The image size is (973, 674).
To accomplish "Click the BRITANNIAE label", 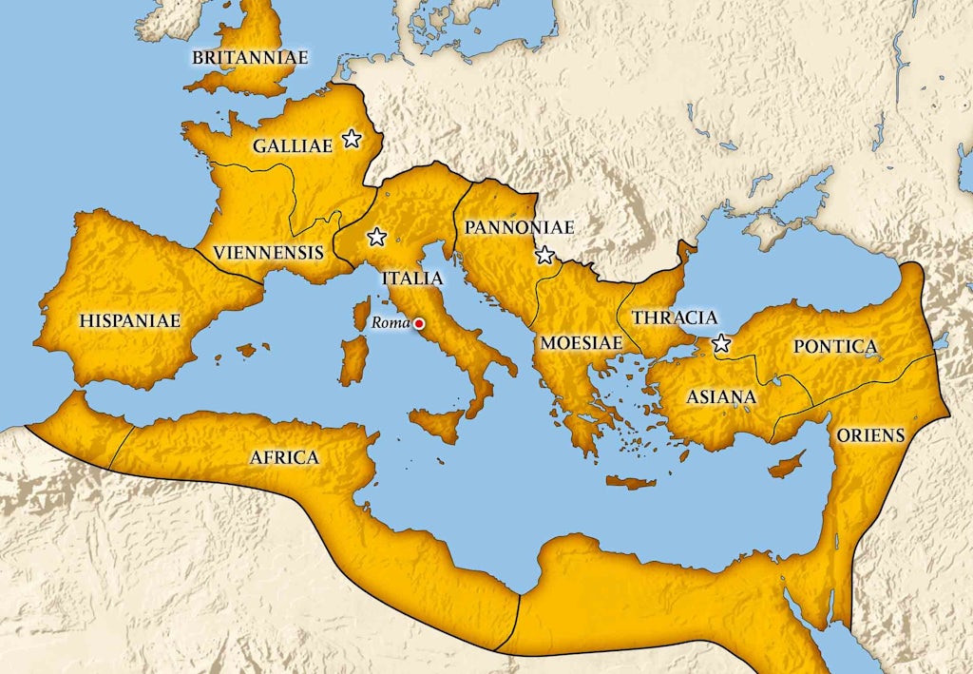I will click(x=250, y=58).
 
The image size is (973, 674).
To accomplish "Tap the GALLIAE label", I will click(x=292, y=146).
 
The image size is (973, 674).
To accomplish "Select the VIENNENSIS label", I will click(x=268, y=253).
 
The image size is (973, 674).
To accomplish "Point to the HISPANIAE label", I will click(x=131, y=320).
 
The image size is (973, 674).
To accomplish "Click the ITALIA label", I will click(x=411, y=279).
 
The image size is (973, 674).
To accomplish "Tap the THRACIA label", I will click(x=675, y=318).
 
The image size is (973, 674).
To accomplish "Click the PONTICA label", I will click(x=835, y=346).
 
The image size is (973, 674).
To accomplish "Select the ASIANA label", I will click(x=721, y=396).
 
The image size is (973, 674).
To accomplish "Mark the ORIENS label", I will click(x=870, y=435).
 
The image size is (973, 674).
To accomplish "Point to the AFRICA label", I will click(x=283, y=457).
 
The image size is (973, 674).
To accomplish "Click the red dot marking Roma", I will click(x=419, y=324).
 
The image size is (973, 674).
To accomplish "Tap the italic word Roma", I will click(x=389, y=323).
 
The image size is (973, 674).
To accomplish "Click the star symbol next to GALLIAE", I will click(x=352, y=139).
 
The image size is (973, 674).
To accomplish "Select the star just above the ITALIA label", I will click(x=377, y=237).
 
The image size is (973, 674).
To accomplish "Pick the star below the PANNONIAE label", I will click(x=544, y=255).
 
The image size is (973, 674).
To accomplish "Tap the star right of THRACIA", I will click(x=721, y=343).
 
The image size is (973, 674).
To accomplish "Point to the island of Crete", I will click(x=631, y=483).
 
